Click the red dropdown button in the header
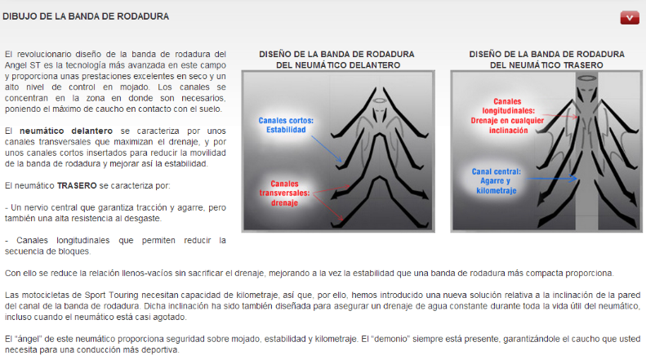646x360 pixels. (629, 17)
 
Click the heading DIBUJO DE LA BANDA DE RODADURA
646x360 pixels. (86, 16)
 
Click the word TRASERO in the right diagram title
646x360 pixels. (578, 64)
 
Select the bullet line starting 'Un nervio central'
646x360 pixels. (114, 207)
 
